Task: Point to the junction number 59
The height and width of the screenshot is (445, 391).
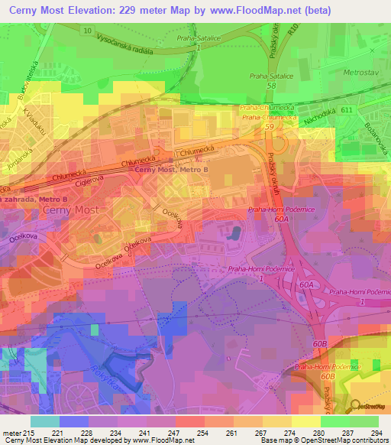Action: [268, 128]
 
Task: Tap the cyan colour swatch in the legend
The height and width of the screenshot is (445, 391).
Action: [45, 421]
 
